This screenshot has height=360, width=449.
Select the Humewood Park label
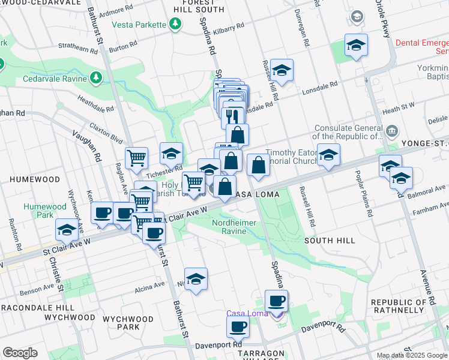(x=39, y=211)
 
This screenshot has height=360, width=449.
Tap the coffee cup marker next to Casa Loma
(x=276, y=301)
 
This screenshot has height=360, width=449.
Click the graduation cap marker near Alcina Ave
(x=196, y=279)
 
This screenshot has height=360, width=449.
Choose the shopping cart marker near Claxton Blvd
(x=137, y=158)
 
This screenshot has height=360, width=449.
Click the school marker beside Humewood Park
(x=67, y=229)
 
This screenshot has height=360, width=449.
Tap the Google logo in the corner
(x=20, y=353)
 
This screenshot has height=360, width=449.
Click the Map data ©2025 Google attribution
(x=412, y=355)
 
